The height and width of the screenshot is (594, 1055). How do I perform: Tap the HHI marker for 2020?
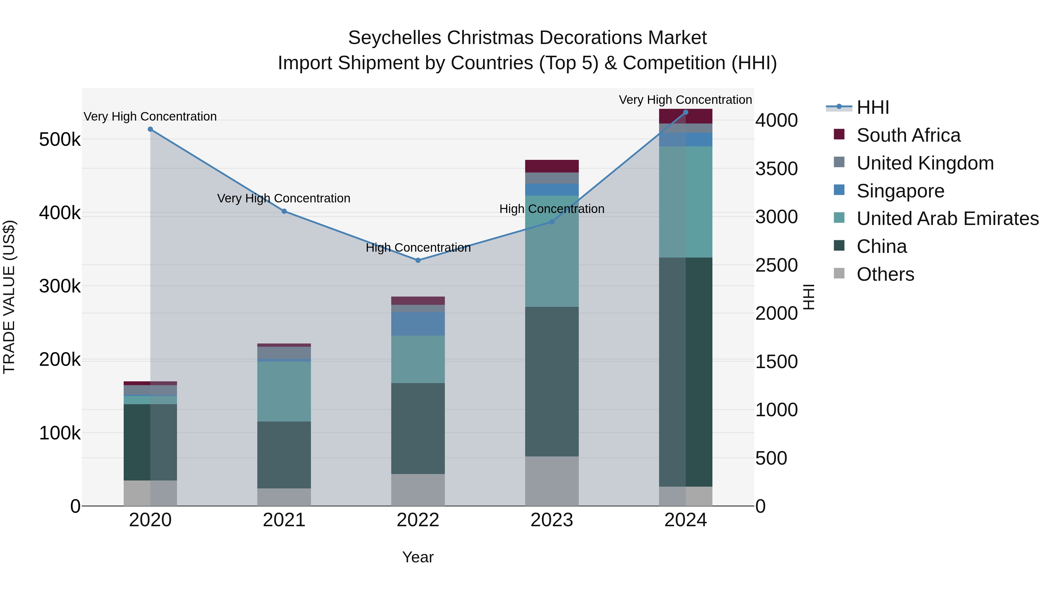tap(150, 129)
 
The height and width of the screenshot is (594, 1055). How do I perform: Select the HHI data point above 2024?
tap(685, 112)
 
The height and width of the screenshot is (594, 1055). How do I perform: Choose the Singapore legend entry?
tap(900, 191)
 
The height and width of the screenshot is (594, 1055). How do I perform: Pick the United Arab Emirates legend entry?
tap(947, 219)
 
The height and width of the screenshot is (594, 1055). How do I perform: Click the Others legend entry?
tap(885, 274)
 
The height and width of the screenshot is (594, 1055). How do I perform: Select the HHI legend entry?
tap(872, 107)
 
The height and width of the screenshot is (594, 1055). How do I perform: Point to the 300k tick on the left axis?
tap(60, 286)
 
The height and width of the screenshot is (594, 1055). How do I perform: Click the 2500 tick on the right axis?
tap(776, 265)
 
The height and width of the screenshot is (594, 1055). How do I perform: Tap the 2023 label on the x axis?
tap(552, 520)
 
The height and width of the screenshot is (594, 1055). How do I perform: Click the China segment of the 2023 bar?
tap(552, 381)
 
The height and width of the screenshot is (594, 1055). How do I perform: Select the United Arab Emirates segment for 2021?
tap(284, 392)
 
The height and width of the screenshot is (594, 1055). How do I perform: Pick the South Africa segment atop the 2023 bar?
tap(552, 166)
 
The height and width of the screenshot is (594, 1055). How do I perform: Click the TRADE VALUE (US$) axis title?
tap(9, 297)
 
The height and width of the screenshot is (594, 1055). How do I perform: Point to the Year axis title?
tap(418, 557)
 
